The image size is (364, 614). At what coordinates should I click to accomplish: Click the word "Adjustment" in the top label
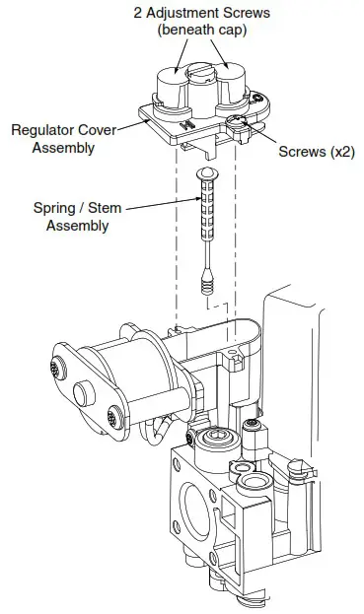point(184,13)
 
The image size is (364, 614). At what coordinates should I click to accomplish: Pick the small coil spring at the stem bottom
point(204,283)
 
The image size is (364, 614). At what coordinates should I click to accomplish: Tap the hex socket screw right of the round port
point(254,425)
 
